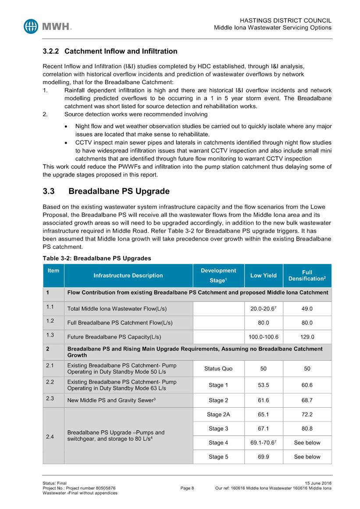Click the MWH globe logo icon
click(x=31, y=26)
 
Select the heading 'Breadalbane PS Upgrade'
click(x=119, y=191)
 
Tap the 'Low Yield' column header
click(x=263, y=275)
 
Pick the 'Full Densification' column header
click(x=307, y=275)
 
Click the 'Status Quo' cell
click(x=218, y=369)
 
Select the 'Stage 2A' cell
click(x=218, y=414)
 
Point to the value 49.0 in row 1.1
click(x=307, y=308)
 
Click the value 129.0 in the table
click(x=307, y=337)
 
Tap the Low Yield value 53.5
click(x=263, y=385)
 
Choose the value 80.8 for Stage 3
click(x=307, y=428)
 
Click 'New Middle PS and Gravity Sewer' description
click(x=110, y=400)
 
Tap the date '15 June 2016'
click(x=317, y=483)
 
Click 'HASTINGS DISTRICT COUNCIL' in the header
click(x=286, y=21)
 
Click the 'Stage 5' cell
click(x=218, y=457)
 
